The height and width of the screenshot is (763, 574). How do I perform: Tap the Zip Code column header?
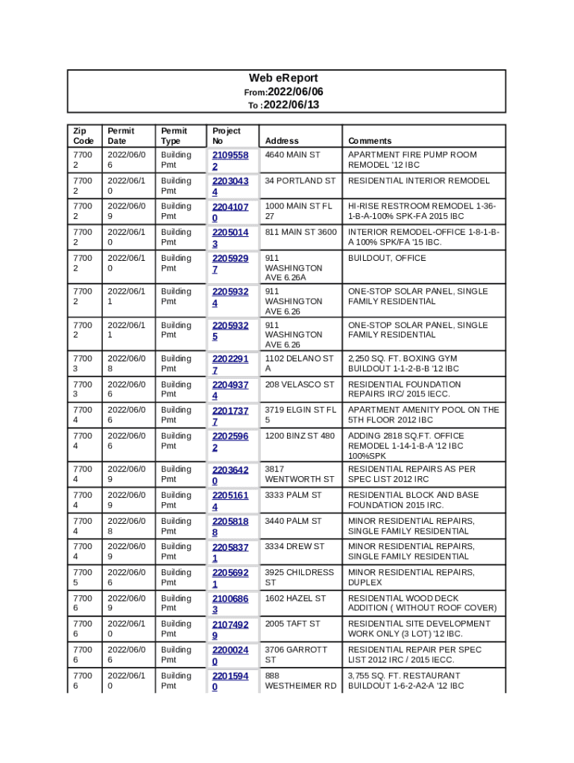coord(83,136)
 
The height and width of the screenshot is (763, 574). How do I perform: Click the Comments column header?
coord(369,141)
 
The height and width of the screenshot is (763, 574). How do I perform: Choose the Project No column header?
coord(227,136)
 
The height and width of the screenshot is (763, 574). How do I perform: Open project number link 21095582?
coord(230,160)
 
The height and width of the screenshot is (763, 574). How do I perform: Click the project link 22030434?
coord(230,186)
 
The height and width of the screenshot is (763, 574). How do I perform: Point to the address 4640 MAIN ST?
coord(292,155)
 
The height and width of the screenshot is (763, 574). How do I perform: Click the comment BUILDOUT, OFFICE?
coord(387,259)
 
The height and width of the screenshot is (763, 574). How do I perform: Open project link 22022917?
coord(230,364)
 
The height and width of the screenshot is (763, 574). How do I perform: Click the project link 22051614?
coord(230,501)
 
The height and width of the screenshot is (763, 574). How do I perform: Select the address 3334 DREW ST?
coord(294,547)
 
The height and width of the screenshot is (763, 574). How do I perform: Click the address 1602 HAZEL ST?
coord(295,598)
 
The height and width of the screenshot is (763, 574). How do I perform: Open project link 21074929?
coord(230,630)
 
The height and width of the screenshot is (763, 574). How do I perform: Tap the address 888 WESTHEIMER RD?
coord(300,681)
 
